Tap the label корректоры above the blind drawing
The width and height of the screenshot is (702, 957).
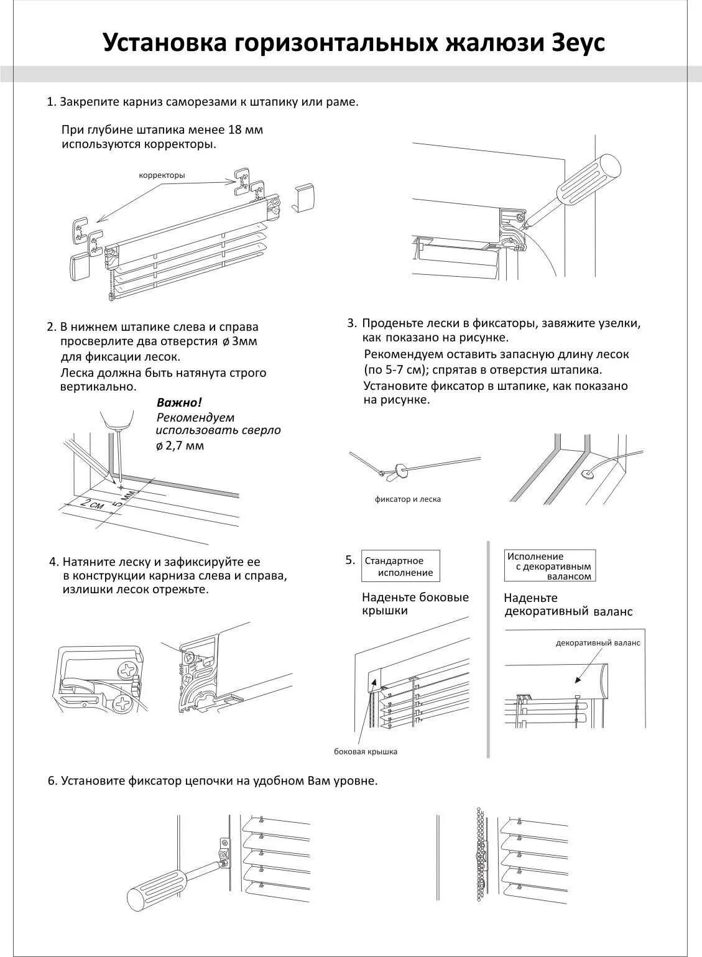pos(162,175)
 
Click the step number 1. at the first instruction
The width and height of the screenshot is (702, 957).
pos(52,102)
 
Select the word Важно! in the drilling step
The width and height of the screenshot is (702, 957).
pos(179,402)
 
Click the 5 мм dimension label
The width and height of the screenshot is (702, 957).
pos(126,498)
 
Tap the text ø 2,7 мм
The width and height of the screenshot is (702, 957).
pos(180,446)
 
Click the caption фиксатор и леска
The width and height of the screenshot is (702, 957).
pos(407,499)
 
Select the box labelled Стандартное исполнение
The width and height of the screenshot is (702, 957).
pos(402,566)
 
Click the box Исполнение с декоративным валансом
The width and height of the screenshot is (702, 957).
pos(550,566)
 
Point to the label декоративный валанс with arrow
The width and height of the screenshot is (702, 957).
pos(598,643)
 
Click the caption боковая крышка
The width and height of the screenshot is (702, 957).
pos(366,751)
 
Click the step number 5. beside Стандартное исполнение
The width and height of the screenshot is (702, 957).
pos(350,560)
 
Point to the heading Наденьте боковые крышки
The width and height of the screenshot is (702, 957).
pos(415,604)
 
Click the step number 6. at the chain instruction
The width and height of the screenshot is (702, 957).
pos(52,781)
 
